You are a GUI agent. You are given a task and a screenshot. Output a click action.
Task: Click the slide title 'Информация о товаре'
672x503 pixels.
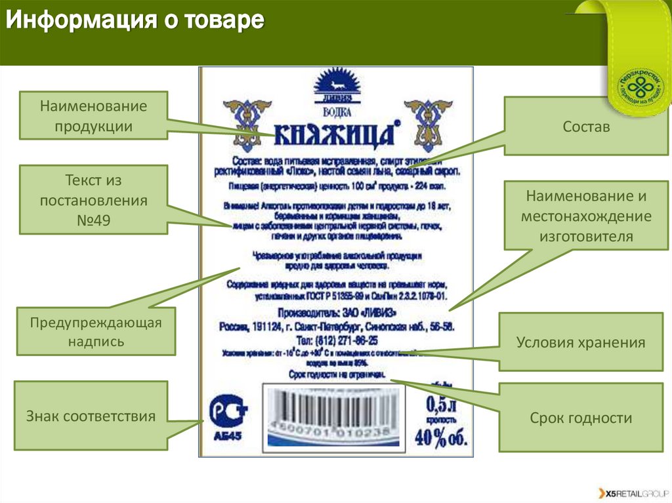135,22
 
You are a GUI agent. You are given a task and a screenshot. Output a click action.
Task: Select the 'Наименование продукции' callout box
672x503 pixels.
93,115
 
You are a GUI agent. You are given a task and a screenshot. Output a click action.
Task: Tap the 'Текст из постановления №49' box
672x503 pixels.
93,200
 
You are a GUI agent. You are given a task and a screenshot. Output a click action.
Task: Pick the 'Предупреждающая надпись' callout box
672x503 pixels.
96,331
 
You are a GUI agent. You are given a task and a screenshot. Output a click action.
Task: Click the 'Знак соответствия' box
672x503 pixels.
91,416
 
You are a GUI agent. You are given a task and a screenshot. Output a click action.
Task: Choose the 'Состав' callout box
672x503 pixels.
586,127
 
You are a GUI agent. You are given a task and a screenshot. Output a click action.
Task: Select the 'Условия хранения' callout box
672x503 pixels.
580,342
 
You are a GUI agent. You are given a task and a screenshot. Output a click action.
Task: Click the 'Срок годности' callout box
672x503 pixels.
580,418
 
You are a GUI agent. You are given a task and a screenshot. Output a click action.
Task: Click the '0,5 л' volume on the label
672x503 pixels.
440,401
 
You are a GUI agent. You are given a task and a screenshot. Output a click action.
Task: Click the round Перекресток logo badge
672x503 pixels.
640,83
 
